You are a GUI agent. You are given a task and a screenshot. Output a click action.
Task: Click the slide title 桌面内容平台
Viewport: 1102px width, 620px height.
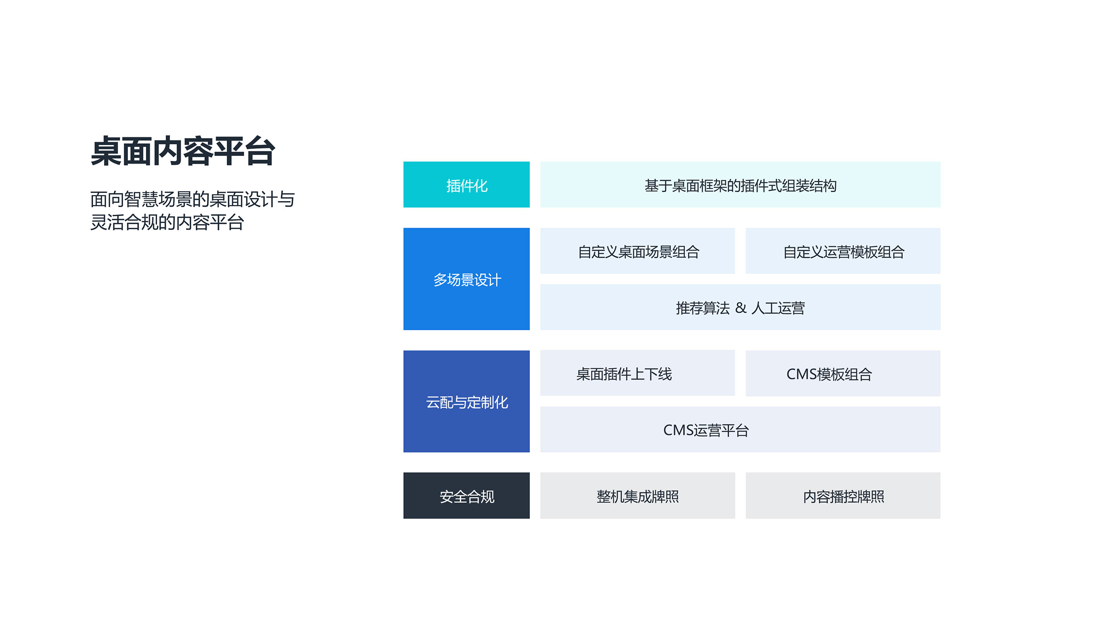point(183,151)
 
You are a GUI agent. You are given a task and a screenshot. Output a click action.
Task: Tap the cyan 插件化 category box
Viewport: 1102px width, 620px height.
point(466,184)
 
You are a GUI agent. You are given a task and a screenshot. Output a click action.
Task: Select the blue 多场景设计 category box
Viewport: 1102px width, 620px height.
point(466,279)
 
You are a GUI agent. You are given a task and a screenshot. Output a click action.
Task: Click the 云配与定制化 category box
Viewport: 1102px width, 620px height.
point(466,401)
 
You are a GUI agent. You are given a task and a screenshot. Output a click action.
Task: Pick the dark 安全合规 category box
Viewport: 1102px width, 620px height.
point(466,496)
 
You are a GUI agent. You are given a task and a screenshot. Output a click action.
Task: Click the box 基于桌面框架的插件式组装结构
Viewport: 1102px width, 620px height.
point(740,184)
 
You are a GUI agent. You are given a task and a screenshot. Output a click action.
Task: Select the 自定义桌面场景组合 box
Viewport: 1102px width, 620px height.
point(638,251)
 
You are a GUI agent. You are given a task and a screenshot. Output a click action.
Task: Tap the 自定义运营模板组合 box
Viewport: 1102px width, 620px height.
point(843,251)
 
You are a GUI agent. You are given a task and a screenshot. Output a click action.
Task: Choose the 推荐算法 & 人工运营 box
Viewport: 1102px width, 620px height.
point(740,307)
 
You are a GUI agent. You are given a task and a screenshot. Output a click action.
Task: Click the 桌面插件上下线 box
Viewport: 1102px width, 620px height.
point(638,373)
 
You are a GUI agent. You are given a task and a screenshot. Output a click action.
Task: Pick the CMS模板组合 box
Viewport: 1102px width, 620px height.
point(843,373)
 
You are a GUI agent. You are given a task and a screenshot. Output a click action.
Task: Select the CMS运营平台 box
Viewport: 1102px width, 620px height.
point(740,429)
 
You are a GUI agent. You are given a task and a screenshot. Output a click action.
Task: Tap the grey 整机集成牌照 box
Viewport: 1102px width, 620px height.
point(638,496)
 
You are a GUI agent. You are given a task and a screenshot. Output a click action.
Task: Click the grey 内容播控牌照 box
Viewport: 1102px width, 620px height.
point(843,496)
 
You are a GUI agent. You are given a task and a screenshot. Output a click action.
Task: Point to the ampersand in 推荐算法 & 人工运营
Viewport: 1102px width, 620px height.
point(740,308)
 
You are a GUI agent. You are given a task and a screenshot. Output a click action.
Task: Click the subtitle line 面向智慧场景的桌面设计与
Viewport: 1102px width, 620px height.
point(192,199)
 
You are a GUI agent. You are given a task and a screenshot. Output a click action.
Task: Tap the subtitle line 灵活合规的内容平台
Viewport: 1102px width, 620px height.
point(167,222)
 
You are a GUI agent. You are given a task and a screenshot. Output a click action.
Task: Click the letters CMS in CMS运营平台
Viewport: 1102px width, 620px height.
point(678,430)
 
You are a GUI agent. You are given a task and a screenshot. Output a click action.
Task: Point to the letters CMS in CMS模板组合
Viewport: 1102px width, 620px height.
point(801,374)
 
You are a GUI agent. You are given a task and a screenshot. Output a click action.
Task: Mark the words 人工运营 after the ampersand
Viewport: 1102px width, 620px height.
point(778,308)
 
